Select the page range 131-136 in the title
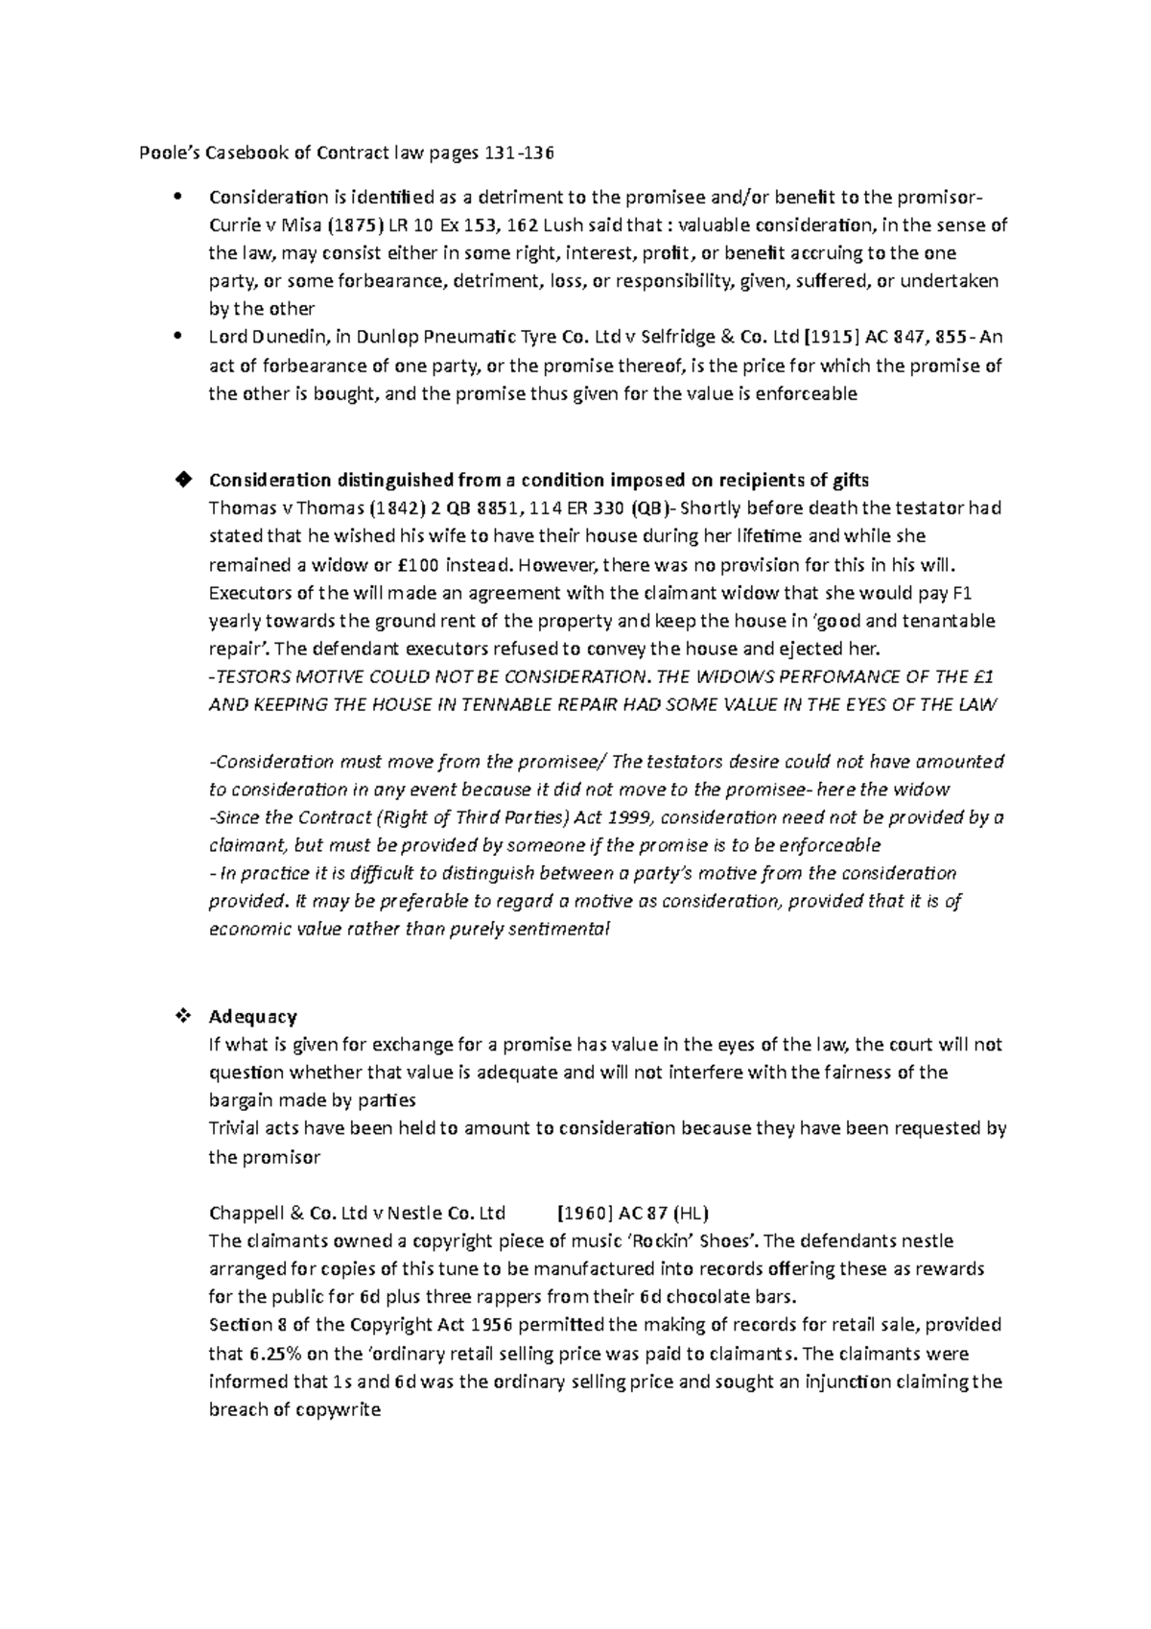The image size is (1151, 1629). click(x=522, y=153)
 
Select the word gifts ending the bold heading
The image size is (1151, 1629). click(x=845, y=480)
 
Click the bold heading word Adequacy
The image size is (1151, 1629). click(x=252, y=1016)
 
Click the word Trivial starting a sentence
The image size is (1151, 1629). click(x=234, y=1128)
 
